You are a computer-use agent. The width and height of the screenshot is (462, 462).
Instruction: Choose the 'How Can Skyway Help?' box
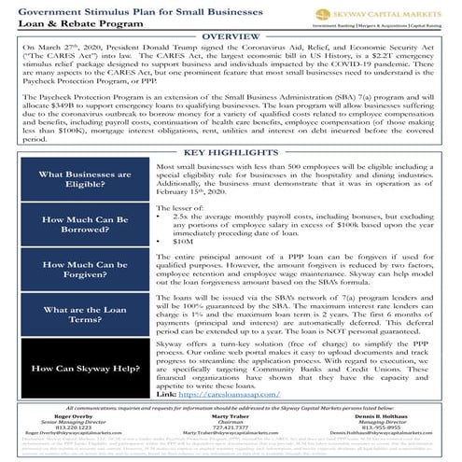[x=77, y=368]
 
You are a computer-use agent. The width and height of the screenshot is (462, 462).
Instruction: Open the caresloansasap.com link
[x=223, y=395]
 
